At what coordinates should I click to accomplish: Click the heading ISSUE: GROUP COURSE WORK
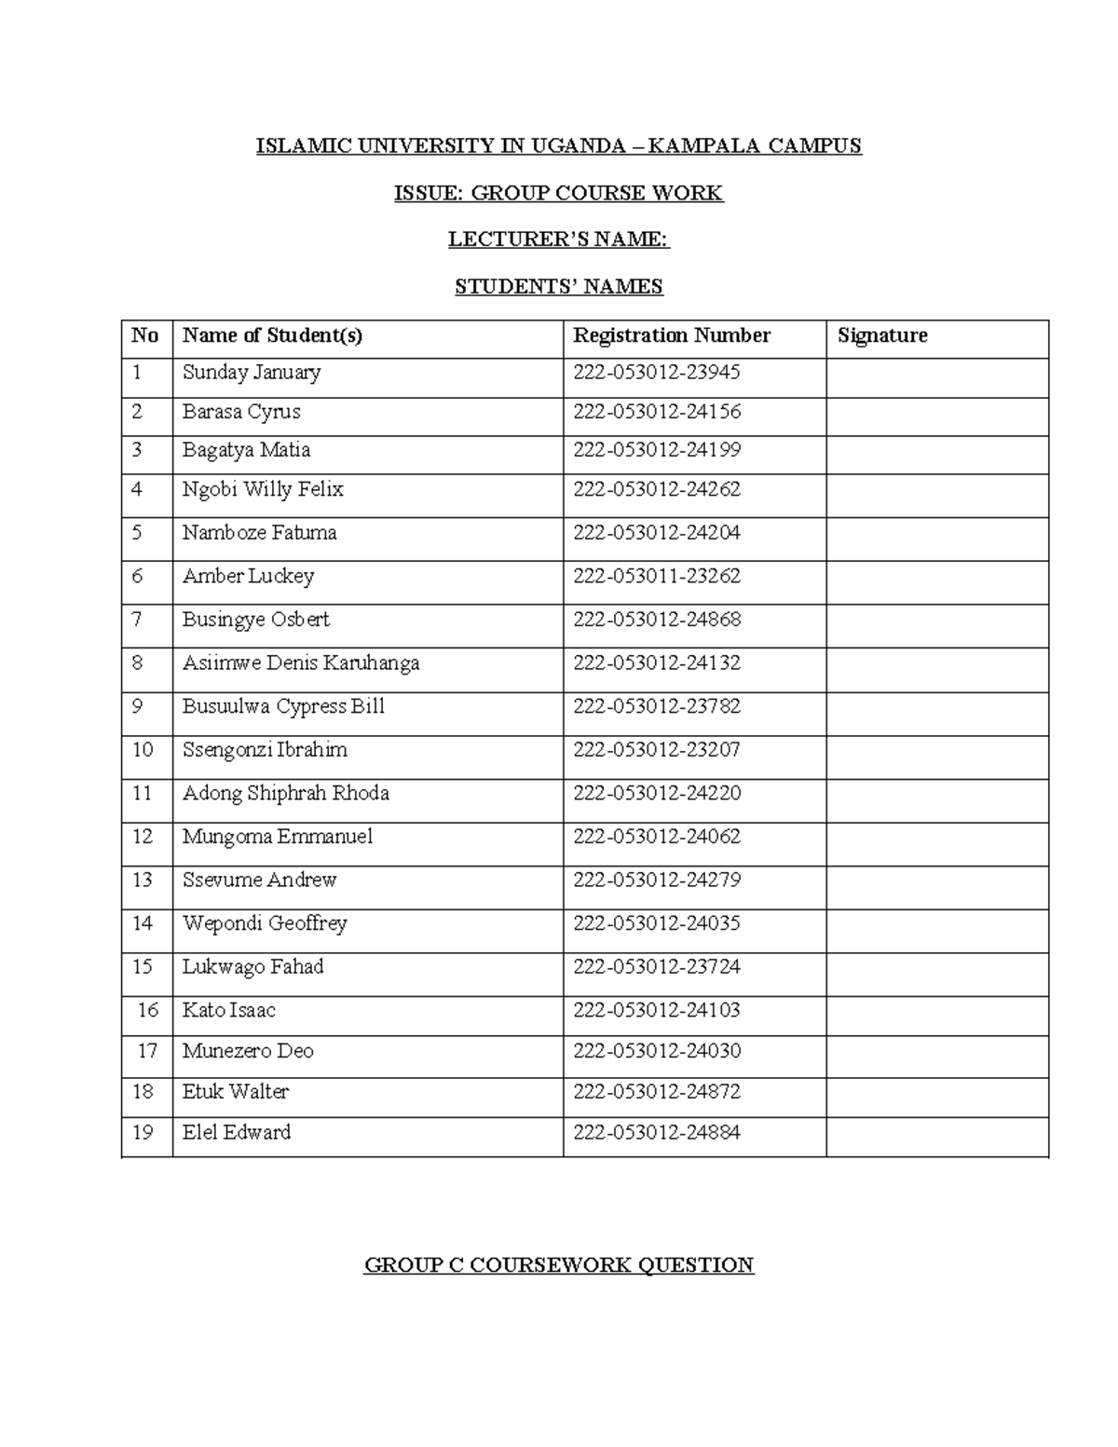558,193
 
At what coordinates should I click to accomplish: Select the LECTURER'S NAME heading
558,239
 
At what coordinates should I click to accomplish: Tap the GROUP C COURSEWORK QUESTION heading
558,1264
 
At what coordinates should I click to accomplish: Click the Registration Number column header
672,335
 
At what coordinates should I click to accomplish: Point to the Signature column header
882,335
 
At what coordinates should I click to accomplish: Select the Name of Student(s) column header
272,335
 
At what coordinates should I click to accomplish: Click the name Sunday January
252,373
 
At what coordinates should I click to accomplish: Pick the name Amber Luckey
248,577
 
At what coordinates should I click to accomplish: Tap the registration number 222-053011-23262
657,577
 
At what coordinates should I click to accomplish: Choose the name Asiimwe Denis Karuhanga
301,663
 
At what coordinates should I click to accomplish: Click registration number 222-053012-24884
657,1133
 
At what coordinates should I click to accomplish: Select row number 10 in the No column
143,750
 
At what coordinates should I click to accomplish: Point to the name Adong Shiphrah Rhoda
286,794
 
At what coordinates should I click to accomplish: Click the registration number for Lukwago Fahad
657,967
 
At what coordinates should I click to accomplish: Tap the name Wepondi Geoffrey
265,923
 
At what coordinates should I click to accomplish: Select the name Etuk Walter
236,1092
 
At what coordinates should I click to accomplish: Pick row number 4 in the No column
137,489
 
